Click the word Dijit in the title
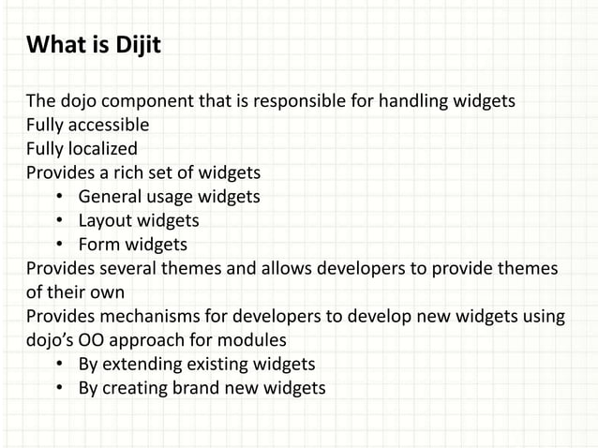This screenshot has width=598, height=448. (x=136, y=44)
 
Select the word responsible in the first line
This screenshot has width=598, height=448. (x=302, y=101)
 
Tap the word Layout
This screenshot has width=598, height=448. (x=105, y=221)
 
